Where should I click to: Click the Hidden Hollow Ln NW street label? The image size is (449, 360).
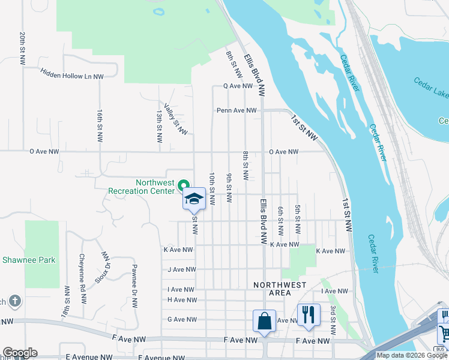71,73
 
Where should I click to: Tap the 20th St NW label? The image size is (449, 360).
22,49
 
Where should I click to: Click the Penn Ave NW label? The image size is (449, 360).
237,110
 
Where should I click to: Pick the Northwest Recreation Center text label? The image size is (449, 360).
142,187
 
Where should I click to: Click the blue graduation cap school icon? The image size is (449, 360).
194,199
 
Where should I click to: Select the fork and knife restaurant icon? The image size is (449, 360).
309,314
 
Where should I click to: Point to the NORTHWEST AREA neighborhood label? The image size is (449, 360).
280,289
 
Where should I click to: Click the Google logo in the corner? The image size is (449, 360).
20,353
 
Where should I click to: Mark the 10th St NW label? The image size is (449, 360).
212,187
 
